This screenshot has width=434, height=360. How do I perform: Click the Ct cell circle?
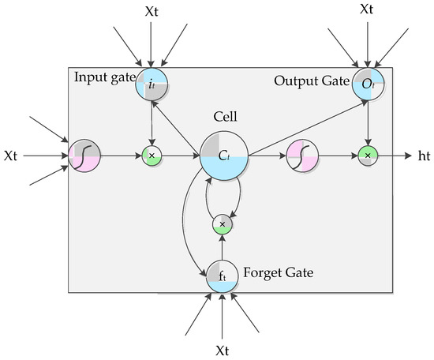(223, 156)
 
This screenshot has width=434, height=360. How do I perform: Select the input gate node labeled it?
(152, 84)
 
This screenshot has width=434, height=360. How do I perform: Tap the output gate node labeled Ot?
(368, 84)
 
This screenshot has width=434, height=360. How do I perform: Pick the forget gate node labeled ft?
(222, 276)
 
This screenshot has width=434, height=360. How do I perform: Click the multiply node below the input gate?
(152, 156)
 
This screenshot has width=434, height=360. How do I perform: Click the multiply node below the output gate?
(368, 156)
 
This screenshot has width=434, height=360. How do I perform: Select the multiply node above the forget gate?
(223, 224)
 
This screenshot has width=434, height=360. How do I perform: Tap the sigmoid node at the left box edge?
(84, 156)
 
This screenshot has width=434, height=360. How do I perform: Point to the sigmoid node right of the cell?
(302, 156)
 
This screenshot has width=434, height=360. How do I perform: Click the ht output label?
(424, 156)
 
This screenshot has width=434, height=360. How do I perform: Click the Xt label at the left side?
(10, 156)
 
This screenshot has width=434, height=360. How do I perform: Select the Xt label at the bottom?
(223, 351)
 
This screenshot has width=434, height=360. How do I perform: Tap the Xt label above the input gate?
(152, 12)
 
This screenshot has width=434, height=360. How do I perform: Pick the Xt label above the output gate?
(366, 9)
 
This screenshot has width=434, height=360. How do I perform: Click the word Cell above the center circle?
(225, 116)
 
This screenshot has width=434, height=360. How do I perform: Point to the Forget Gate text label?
(279, 273)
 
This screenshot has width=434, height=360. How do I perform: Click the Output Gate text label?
(312, 81)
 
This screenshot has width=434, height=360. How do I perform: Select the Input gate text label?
(105, 77)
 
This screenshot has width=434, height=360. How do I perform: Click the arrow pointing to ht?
(395, 156)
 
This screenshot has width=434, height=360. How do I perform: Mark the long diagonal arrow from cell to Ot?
(308, 128)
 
